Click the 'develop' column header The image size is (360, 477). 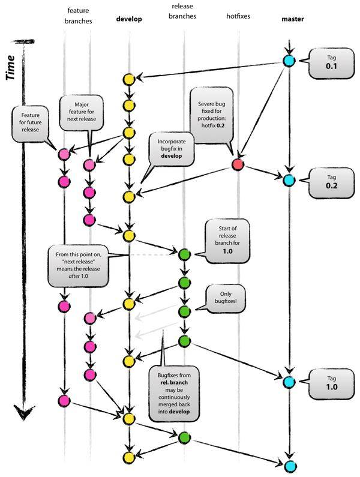coord(129,19)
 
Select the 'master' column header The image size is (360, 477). coord(292,19)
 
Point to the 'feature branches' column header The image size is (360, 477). coord(79,15)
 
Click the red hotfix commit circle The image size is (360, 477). coord(238,164)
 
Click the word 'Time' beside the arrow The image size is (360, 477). coord(11,67)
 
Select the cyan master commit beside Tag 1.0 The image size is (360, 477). coord(289,382)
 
